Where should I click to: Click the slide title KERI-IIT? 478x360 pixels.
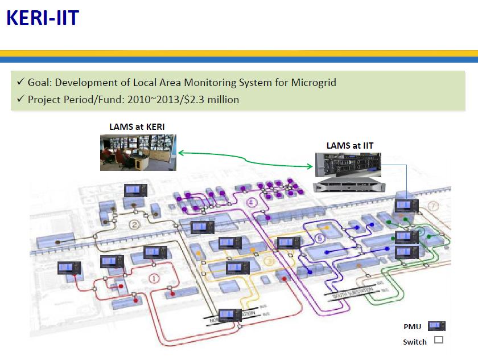coord(42,18)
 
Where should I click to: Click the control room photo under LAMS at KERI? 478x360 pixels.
coord(138,152)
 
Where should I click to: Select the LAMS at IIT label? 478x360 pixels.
coord(349,146)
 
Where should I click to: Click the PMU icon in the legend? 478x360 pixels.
coord(437,326)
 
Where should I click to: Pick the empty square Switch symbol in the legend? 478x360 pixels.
coord(438,341)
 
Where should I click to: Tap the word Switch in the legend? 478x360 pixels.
coord(414,342)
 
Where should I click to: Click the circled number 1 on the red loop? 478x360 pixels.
coord(154,279)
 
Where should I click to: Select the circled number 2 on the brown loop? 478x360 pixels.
coord(135,224)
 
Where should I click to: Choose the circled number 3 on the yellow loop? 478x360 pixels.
coord(269,261)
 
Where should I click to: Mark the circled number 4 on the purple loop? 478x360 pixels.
coord(250,202)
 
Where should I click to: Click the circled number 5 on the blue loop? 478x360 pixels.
coord(319,238)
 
